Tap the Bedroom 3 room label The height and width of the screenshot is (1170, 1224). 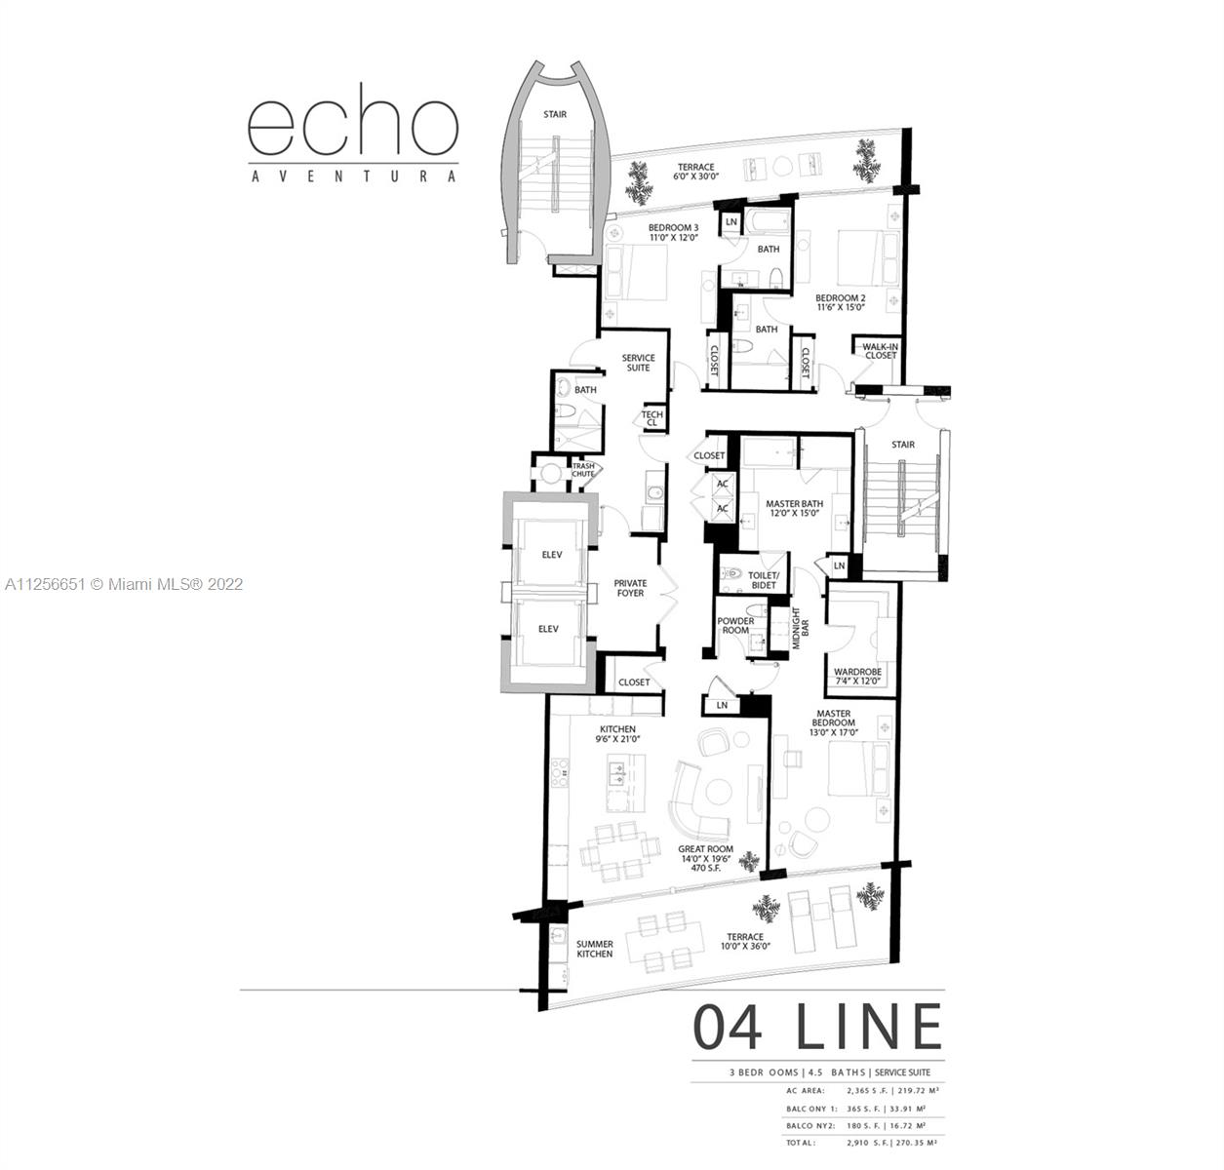coord(674,233)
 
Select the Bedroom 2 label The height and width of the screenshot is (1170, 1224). coord(841,302)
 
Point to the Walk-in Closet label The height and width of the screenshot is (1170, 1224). coord(880,351)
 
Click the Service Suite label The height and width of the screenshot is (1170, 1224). coord(638,363)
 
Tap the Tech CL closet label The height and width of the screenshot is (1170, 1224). coord(651,418)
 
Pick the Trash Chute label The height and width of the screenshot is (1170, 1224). coord(583,470)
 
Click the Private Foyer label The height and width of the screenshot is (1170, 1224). coord(630,588)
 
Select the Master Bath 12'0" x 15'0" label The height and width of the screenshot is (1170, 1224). coord(795,508)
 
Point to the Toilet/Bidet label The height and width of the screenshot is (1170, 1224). coord(764,580)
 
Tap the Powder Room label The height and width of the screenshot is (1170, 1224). coord(735,626)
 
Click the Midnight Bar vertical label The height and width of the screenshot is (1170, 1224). coord(800,628)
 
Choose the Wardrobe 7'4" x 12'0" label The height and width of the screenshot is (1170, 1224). coord(857,677)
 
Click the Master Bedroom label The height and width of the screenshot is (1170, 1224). coord(834,722)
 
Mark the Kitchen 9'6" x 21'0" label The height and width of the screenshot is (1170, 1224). coord(617,733)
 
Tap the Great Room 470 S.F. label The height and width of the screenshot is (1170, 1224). coord(705,858)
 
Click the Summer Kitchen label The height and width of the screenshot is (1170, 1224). coord(594,949)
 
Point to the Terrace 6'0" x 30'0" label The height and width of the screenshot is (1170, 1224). coord(695,172)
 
